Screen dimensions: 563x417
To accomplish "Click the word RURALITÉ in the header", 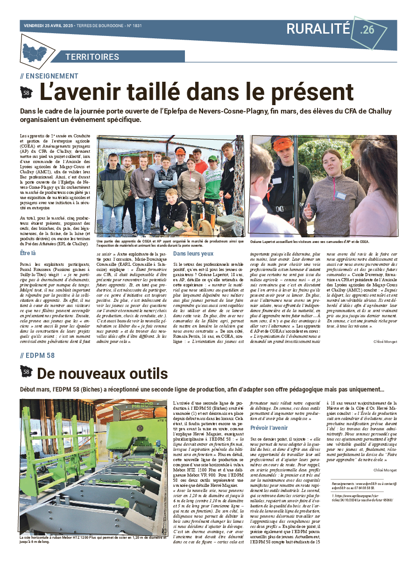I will click(318, 29).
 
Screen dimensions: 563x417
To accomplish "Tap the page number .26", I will click(368, 30).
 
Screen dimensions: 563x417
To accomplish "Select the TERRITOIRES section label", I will click(92, 57).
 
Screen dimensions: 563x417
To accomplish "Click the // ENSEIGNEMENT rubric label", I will click(49, 76).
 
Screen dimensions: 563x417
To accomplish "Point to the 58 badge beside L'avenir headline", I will click(27, 93).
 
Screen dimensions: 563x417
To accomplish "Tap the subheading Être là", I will click(28, 253).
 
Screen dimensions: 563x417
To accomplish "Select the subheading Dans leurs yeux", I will click(193, 253).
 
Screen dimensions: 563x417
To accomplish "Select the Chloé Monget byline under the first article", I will click(385, 342).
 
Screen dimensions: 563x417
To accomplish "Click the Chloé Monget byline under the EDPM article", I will click(385, 470).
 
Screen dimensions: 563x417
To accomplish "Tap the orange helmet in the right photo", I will click(283, 144).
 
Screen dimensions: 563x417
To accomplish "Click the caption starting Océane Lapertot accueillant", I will click(310, 242).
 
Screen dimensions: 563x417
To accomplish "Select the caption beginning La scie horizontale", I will click(92, 540).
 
